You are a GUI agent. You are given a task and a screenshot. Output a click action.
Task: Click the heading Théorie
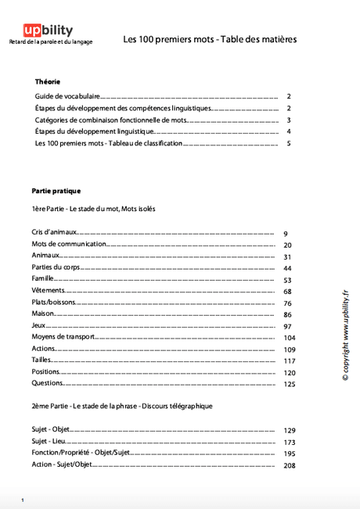coord(48,81)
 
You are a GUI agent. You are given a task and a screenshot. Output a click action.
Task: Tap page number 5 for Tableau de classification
coord(289,144)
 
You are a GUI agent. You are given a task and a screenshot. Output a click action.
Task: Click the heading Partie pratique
coord(56,191)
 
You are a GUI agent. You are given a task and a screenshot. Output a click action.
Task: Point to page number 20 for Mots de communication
coord(287,245)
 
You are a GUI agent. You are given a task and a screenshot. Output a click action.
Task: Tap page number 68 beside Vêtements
coord(287,292)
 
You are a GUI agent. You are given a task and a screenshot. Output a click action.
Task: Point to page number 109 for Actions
coord(289,349)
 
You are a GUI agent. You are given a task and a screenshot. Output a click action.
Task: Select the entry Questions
coord(47,383)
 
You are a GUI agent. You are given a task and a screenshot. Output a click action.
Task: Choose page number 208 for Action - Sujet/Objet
coord(289,465)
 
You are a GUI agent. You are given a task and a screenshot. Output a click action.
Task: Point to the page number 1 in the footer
coord(23,500)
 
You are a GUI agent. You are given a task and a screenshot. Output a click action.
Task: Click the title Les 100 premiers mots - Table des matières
coord(210,39)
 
